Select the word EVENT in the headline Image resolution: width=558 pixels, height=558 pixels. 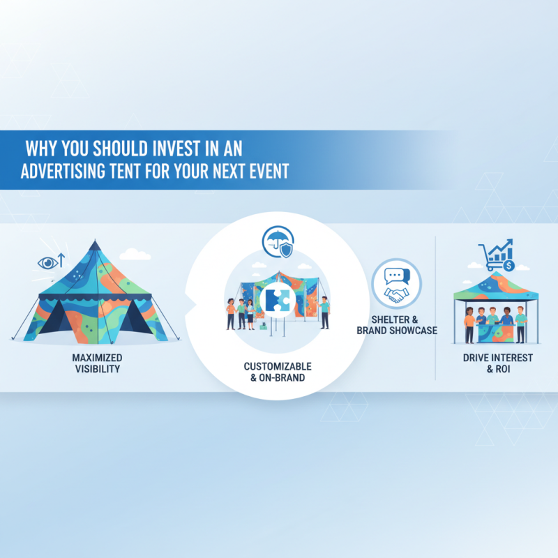pos(266,172)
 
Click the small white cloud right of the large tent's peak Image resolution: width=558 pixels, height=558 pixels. pos(139,255)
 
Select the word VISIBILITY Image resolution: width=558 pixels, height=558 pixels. pos(96,369)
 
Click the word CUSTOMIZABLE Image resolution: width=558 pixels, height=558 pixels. pos(278,366)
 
